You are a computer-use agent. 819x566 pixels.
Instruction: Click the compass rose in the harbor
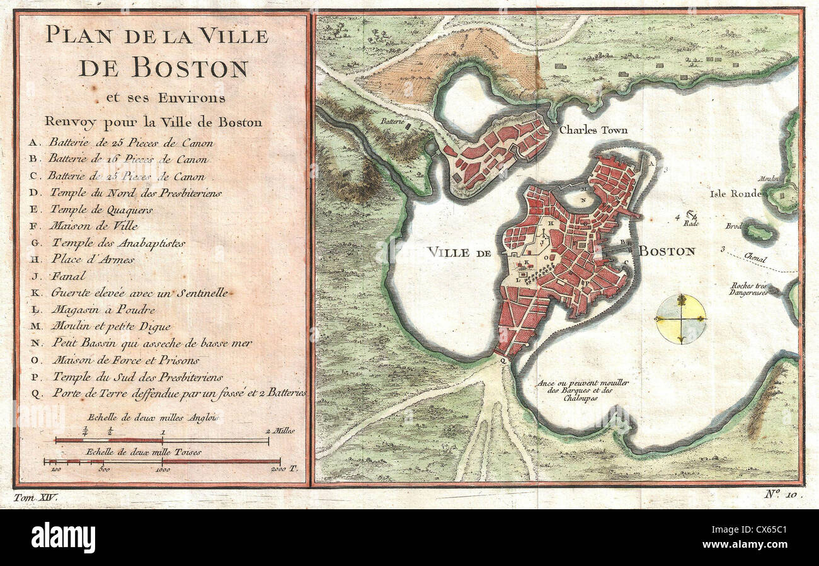click(680, 319)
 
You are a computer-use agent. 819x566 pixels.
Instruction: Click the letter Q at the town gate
click(503, 361)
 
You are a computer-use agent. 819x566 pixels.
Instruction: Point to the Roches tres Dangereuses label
click(748, 289)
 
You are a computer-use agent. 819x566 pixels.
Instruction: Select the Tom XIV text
click(35, 497)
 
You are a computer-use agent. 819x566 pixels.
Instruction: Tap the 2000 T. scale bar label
click(283, 470)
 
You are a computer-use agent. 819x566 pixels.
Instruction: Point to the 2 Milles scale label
click(279, 431)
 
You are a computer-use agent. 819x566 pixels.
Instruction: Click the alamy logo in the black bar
click(63, 538)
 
